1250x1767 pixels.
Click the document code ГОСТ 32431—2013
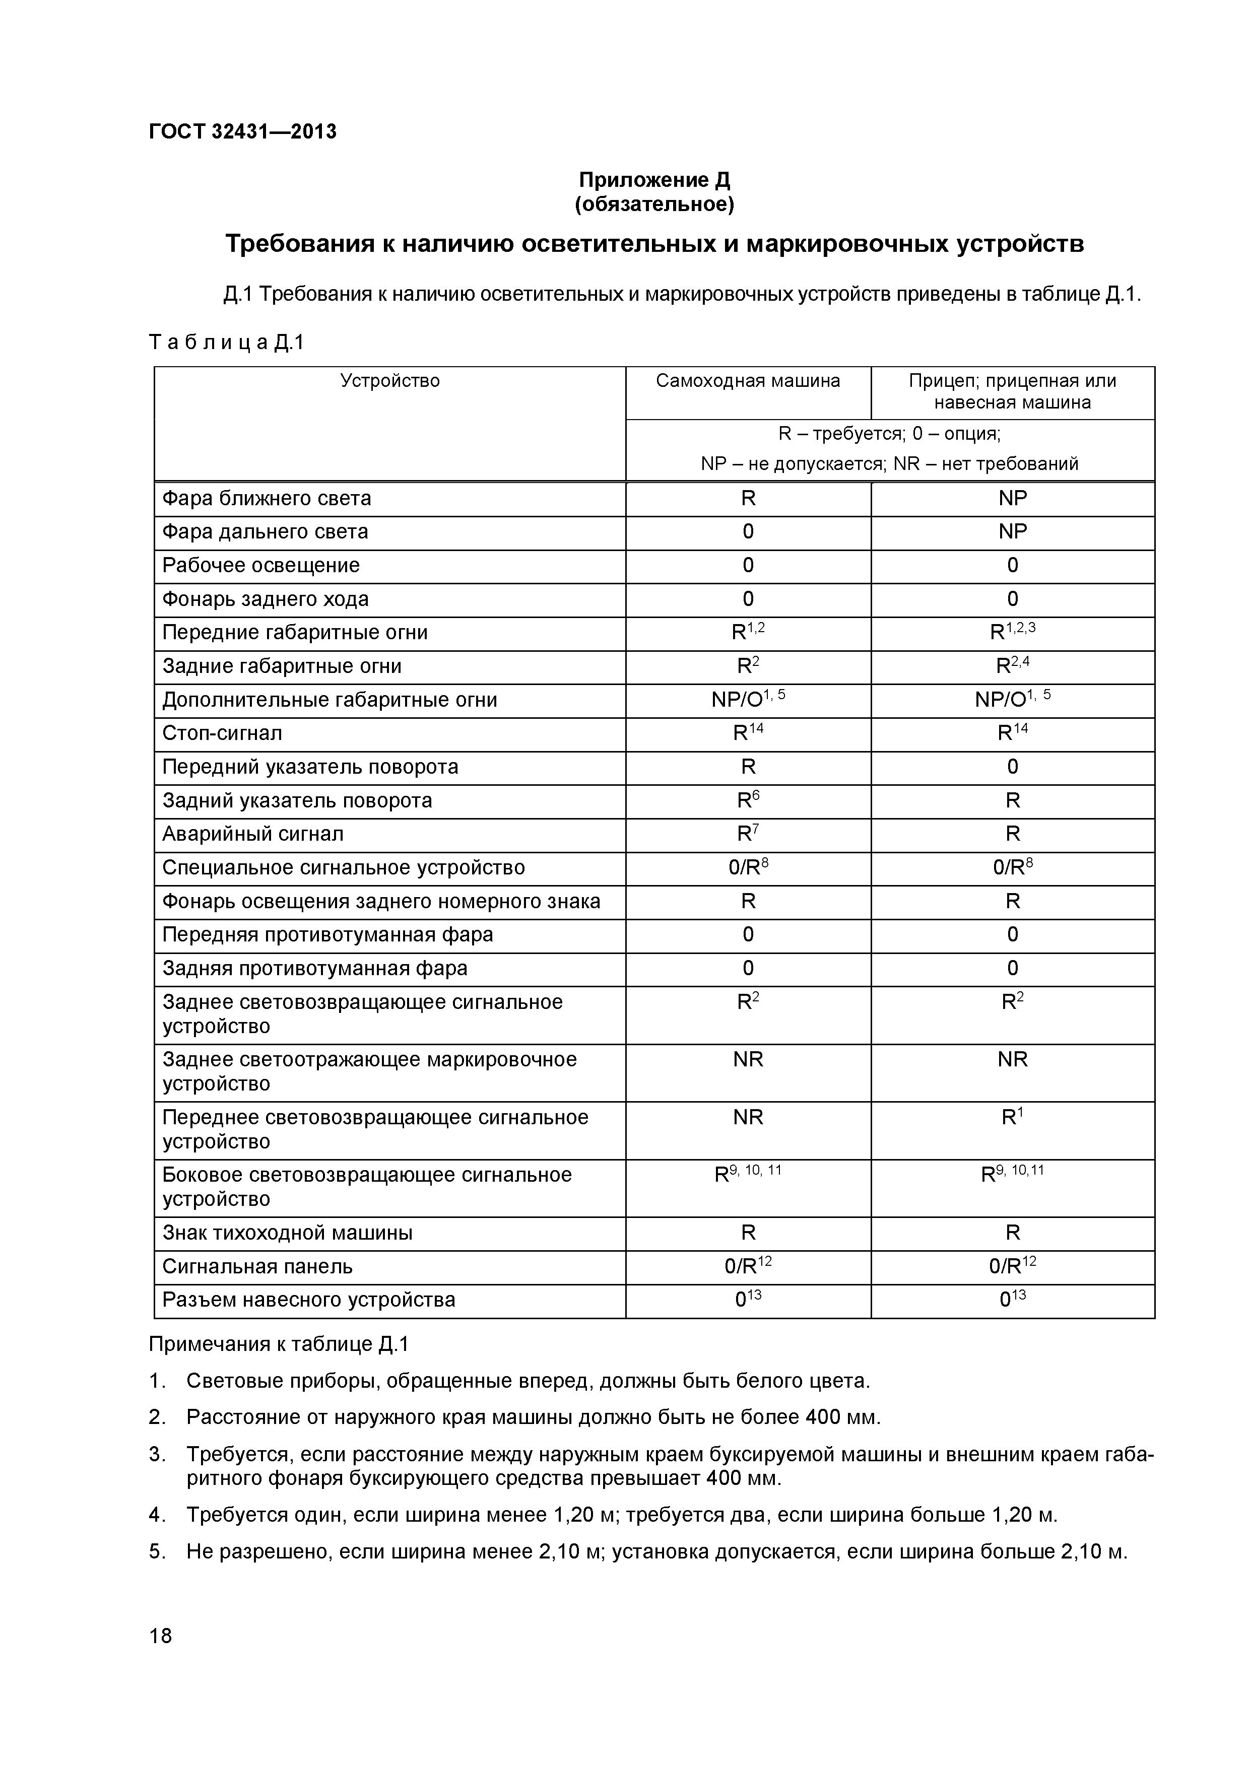[242, 131]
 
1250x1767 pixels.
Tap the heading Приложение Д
[654, 180]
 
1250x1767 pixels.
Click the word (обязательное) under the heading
[654, 205]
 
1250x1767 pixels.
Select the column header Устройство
[390, 381]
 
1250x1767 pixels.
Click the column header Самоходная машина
[747, 381]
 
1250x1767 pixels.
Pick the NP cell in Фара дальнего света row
[1012, 532]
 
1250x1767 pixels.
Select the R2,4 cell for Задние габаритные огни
[1012, 666]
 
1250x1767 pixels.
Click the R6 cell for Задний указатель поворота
[747, 800]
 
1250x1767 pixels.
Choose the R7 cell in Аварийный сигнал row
[747, 834]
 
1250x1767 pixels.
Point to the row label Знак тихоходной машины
[287, 1233]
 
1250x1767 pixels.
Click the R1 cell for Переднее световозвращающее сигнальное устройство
[1012, 1117]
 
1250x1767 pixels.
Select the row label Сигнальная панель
[257, 1267]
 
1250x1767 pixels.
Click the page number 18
[160, 1658]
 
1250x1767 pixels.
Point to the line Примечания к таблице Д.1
[279, 1344]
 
